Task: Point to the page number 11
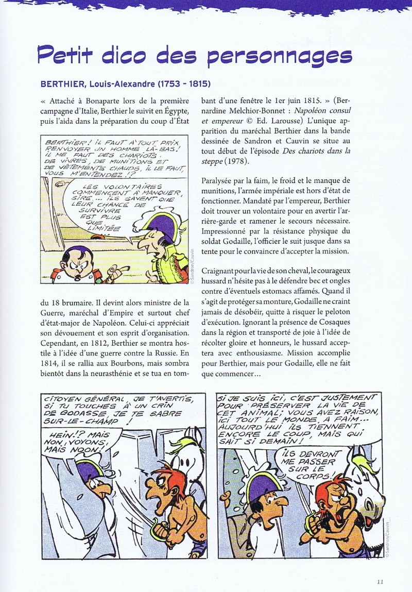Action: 380,582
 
